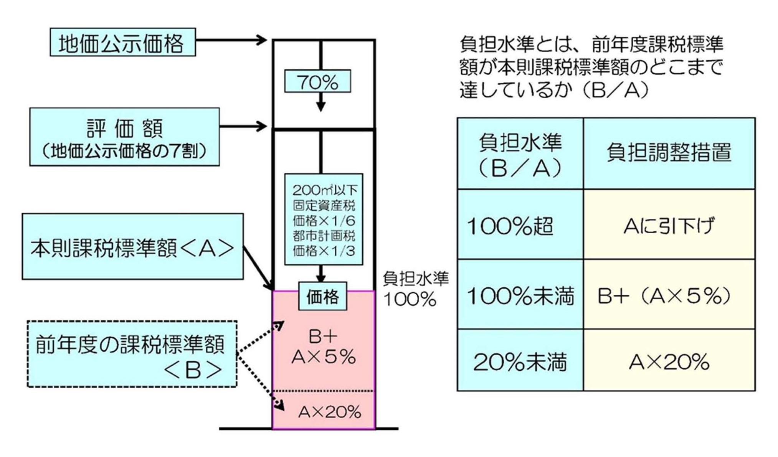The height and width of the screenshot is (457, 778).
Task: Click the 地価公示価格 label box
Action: [122, 42]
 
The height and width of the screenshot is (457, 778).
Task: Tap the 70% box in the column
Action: [317, 81]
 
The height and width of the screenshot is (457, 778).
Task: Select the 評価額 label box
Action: [124, 137]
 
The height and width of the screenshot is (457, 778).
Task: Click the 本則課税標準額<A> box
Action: [132, 246]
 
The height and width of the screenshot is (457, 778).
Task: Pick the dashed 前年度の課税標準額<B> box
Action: [132, 354]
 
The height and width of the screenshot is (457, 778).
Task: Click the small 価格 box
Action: [322, 296]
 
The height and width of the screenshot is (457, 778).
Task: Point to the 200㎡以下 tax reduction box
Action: [324, 219]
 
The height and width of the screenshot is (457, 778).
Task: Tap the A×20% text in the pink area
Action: [329, 412]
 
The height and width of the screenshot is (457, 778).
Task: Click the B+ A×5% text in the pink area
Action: [324, 347]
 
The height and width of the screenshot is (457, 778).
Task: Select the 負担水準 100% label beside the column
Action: [415, 289]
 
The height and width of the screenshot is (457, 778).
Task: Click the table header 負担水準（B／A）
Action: [520, 153]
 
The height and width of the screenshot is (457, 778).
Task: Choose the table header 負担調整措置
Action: [669, 153]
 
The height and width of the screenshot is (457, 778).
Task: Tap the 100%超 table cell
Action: [520, 224]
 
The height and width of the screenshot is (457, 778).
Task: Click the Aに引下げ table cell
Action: [669, 224]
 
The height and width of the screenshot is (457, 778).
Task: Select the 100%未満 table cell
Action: [520, 294]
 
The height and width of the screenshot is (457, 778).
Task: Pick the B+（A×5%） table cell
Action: [669, 294]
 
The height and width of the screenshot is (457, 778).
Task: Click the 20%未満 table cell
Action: [520, 360]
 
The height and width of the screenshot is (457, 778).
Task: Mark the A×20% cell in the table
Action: [669, 360]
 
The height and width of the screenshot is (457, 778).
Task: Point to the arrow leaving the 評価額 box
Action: [243, 126]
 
